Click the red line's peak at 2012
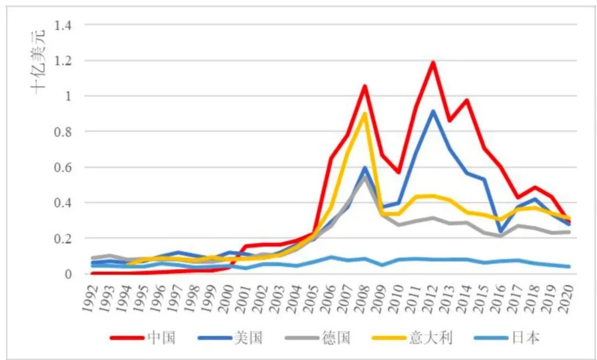click(x=433, y=62)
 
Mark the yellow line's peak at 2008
click(x=364, y=113)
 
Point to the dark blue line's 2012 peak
click(x=433, y=111)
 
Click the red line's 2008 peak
click(x=364, y=86)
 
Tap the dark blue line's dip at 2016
click(x=501, y=232)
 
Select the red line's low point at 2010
click(x=399, y=173)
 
